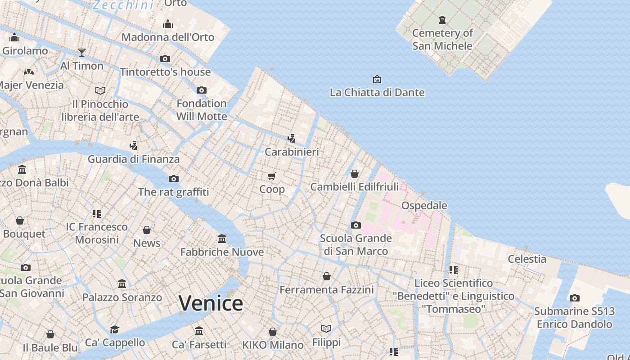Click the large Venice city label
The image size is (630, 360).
[211, 303]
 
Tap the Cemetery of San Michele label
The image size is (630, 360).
[442, 39]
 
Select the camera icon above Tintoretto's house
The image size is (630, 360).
[165, 58]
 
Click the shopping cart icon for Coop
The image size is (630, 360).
[271, 176]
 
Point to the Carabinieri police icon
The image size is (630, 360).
[292, 138]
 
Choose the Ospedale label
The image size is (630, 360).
[424, 206]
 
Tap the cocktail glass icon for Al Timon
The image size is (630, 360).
[81, 53]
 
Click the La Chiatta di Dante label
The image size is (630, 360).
[377, 93]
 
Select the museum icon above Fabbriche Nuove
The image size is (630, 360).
[222, 238]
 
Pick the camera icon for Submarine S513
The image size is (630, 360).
[574, 298]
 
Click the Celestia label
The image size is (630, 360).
[527, 259]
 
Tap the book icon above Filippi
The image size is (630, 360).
[326, 329]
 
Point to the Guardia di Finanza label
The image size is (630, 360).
[133, 159]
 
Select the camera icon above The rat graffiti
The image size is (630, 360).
[173, 179]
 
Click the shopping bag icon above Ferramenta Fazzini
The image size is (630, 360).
[327, 276]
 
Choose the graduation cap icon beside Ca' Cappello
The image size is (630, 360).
[115, 329]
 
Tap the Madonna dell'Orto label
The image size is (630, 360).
[167, 37]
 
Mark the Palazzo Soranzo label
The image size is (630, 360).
[122, 297]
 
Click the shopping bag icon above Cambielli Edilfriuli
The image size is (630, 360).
[355, 174]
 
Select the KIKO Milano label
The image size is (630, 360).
[273, 345]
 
